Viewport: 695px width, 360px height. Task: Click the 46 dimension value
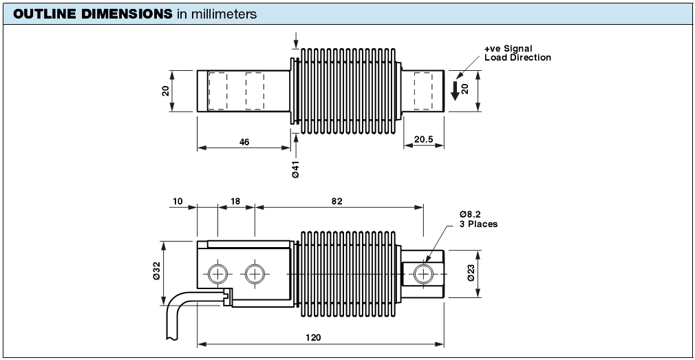tap(244, 141)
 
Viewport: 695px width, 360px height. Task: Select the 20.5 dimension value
tap(424, 140)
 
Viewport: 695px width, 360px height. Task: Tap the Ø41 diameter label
tap(295, 169)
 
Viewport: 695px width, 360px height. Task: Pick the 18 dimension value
tap(235, 201)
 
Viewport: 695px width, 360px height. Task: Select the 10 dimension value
tap(178, 201)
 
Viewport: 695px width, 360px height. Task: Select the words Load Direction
tap(517, 58)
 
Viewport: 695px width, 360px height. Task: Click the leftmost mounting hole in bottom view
tap(218, 274)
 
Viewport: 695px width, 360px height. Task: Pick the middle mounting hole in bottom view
tap(255, 274)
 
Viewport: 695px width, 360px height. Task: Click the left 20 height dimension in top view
tap(166, 90)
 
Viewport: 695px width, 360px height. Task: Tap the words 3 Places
tap(478, 224)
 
